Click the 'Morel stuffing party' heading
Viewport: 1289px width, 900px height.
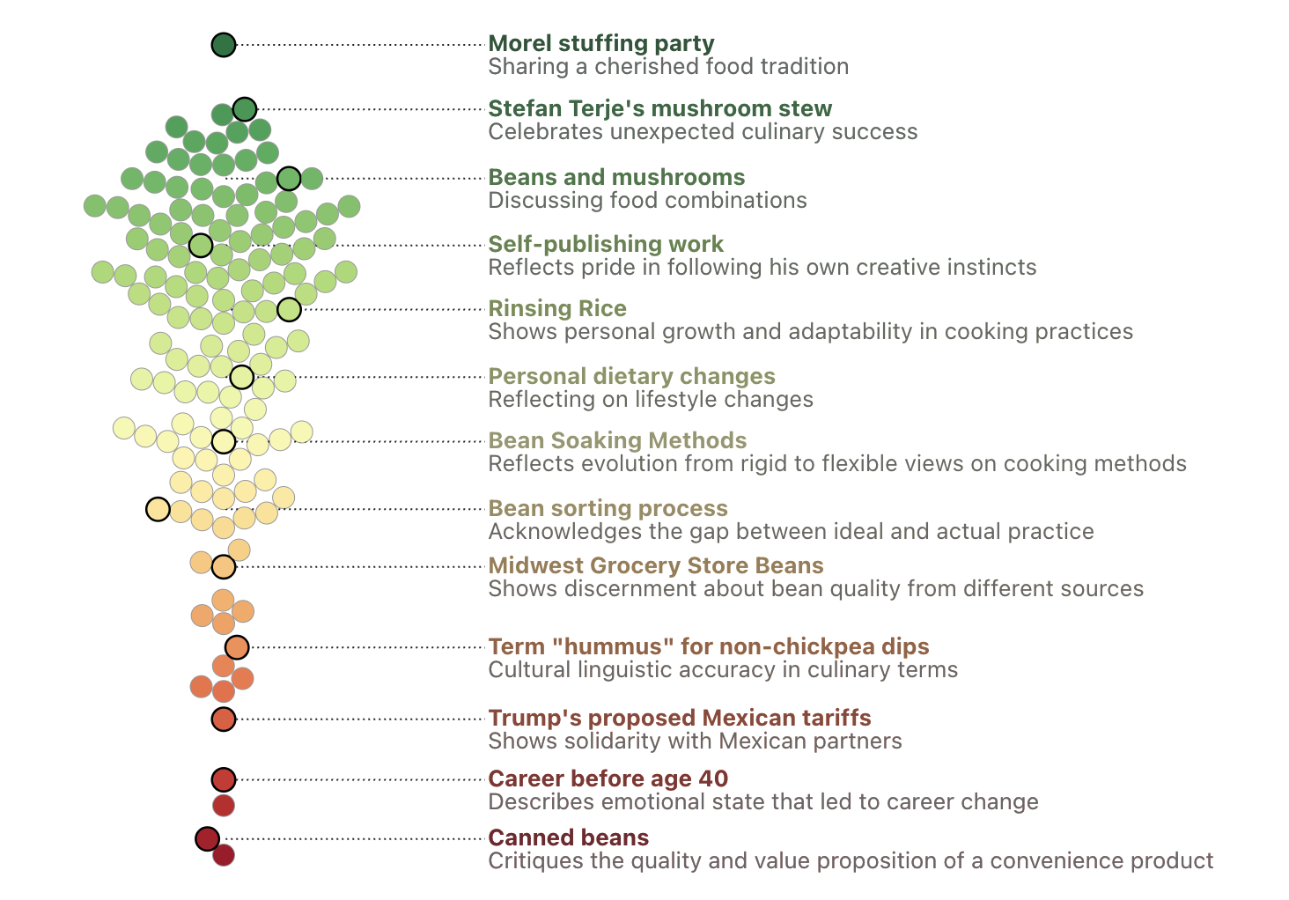[601, 43]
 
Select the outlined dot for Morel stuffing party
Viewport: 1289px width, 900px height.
[224, 44]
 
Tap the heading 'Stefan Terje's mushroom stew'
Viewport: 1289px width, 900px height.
[659, 108]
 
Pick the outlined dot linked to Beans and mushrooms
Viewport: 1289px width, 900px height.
[289, 178]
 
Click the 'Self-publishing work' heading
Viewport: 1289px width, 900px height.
[606, 244]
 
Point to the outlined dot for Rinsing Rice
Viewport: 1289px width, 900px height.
[289, 309]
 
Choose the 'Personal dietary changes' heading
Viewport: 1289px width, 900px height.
[631, 376]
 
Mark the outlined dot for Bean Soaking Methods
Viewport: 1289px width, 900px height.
[224, 441]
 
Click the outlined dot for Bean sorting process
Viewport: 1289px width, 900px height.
[158, 509]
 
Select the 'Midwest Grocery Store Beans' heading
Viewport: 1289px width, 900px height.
[656, 565]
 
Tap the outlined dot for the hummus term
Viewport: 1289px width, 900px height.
[237, 647]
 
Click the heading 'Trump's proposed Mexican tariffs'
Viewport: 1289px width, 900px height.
[680, 718]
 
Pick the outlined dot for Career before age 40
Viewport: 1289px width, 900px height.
[224, 779]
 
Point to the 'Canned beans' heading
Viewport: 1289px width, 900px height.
[568, 837]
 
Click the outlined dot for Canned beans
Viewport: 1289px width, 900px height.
[207, 838]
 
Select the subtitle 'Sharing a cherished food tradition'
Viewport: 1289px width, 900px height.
[668, 67]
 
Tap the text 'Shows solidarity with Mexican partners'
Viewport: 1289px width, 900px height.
[695, 741]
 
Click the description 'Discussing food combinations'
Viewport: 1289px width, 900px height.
[647, 201]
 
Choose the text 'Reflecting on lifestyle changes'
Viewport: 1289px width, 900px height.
[651, 400]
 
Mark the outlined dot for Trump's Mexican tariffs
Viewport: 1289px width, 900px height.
[224, 719]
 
